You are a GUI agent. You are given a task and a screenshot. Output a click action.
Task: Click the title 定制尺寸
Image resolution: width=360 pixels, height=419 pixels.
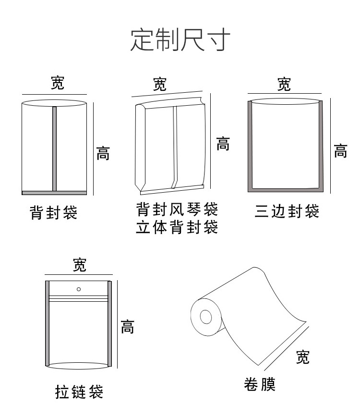tap(180, 40)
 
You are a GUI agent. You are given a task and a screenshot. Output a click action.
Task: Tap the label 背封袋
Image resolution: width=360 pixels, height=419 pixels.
tap(53, 212)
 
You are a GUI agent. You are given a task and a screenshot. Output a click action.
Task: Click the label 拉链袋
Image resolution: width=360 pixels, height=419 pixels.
tap(79, 392)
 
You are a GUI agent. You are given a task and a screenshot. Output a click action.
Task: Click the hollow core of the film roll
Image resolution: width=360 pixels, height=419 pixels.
tap(206, 317)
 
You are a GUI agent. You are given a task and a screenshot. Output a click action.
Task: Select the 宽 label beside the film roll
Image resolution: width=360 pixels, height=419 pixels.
tap(302, 357)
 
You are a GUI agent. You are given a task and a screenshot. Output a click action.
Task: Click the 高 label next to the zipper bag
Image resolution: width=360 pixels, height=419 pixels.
tap(127, 327)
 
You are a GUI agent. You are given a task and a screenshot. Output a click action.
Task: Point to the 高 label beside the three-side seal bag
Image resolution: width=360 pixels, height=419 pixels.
tap(340, 151)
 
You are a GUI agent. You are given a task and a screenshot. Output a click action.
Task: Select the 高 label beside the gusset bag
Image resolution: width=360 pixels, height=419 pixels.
tap(223, 144)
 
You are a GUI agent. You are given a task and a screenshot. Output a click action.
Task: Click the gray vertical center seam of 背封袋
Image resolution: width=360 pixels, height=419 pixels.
tap(54, 148)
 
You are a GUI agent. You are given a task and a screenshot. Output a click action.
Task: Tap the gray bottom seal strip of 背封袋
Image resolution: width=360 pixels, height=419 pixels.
tap(54, 193)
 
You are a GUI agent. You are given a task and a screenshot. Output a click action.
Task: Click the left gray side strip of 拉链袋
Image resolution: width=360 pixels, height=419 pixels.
tap(48, 324)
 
